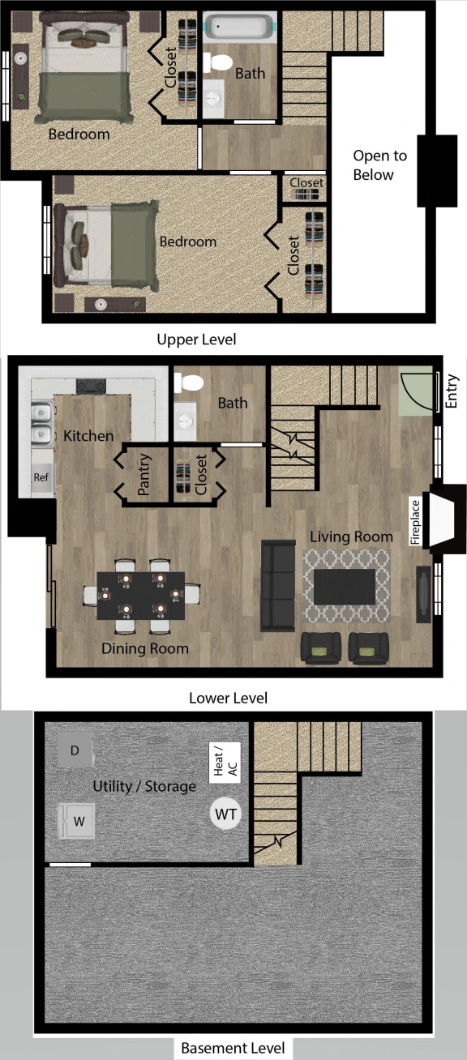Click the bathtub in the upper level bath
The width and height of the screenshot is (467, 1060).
pos(238,27)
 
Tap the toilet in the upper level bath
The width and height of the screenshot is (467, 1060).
pos(217,62)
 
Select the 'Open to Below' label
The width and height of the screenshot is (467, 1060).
pos(379,165)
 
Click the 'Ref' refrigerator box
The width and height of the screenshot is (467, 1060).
pos(41,478)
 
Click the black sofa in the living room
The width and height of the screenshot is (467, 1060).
pos(278,585)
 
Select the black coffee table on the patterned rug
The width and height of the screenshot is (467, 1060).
pos(345,586)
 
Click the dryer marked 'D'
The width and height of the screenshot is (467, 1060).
pos(75,750)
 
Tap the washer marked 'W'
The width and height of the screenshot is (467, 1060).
pos(79,821)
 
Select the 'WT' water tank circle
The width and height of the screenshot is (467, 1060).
pos(226,814)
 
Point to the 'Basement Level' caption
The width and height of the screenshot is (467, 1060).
pos(233,1047)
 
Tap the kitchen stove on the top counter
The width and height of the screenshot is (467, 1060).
pos(90,386)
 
